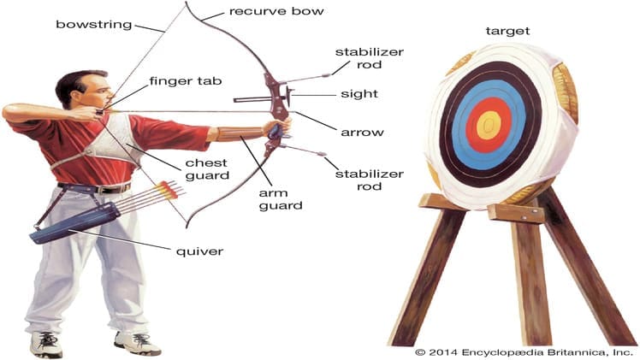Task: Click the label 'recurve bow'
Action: point(276,11)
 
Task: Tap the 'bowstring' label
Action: point(94,25)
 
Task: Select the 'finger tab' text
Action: point(186,81)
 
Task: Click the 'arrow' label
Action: point(362,133)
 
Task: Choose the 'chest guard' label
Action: point(207,169)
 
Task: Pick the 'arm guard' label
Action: point(281,199)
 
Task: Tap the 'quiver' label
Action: point(199,251)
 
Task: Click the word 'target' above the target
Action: point(507,31)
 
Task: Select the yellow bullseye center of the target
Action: point(489,125)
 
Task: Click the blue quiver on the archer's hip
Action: point(74,223)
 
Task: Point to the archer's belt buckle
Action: point(98,190)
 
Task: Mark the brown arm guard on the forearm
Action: point(240,133)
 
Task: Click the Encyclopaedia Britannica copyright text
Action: point(524,352)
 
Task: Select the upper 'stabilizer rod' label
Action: point(370,58)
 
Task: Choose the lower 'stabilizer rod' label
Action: point(370,180)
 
